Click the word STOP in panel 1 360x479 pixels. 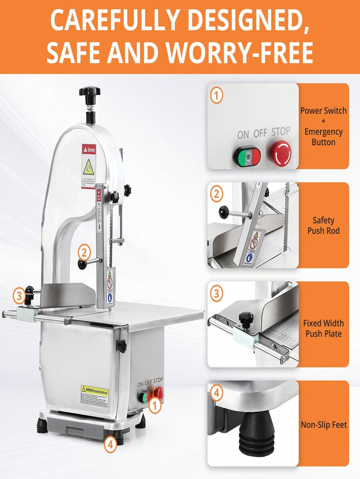281,132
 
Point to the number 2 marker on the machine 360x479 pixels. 84,252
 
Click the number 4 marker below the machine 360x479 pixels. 111,444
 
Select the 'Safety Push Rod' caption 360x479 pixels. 324,226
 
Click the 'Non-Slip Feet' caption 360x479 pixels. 324,425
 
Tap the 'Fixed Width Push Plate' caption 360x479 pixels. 324,328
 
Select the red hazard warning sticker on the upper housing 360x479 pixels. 88,166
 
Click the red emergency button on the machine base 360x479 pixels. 158,393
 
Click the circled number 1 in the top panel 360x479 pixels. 216,96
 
